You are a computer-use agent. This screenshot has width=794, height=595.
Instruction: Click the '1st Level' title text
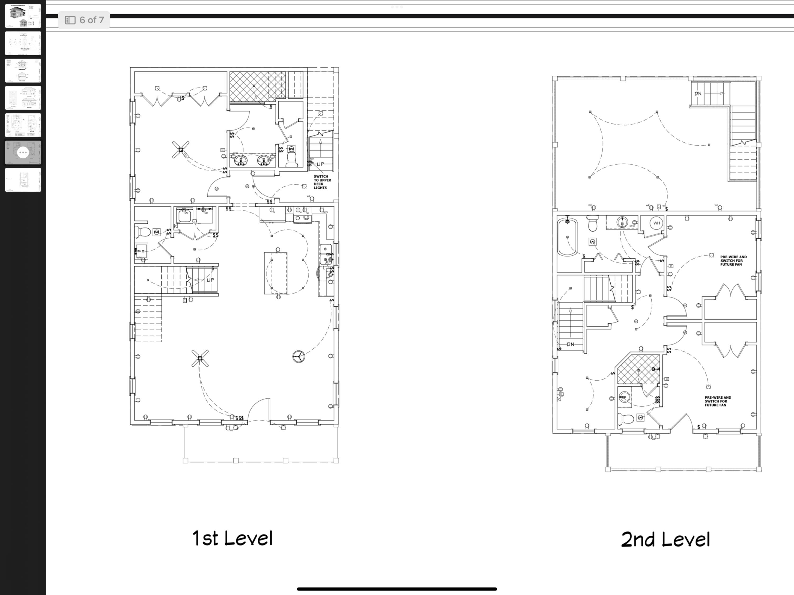click(x=233, y=538)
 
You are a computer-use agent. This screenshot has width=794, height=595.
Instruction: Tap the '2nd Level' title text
click(x=665, y=540)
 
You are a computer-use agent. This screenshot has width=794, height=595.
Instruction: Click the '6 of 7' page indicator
click(x=92, y=20)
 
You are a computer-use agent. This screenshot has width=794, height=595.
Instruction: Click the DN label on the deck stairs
click(x=697, y=94)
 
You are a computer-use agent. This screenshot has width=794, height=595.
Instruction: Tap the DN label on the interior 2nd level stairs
click(x=570, y=344)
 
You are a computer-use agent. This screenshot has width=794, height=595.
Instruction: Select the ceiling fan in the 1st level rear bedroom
click(x=180, y=150)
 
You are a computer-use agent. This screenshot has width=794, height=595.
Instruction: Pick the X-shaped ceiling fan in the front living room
click(x=200, y=358)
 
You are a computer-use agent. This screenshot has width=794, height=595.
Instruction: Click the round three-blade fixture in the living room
click(x=299, y=356)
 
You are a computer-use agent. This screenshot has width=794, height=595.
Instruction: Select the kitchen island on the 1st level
click(x=276, y=273)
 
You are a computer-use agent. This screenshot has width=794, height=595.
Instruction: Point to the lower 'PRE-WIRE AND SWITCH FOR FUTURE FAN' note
click(x=718, y=401)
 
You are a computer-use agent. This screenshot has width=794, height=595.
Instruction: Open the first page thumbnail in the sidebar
click(x=23, y=16)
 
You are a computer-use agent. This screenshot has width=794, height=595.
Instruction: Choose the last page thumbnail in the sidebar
click(x=23, y=180)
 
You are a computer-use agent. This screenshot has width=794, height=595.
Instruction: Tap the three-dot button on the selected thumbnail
click(x=23, y=152)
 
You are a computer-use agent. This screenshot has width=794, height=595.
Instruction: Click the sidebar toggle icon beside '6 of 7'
click(x=70, y=20)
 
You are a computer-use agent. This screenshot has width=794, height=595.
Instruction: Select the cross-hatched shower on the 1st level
click(x=257, y=86)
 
